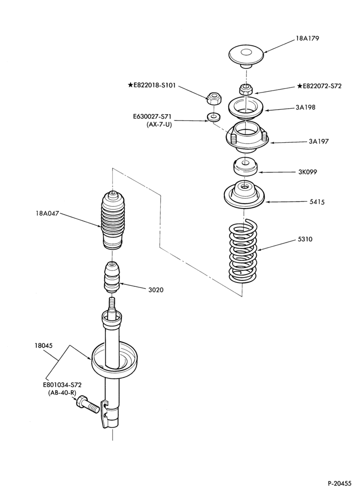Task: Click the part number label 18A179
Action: click(x=307, y=38)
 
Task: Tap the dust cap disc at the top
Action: click(x=246, y=56)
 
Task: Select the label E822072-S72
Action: click(x=319, y=86)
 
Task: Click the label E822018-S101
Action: click(x=151, y=85)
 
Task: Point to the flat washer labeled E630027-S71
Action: click(x=213, y=117)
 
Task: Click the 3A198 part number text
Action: click(x=305, y=108)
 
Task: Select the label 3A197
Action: click(x=318, y=141)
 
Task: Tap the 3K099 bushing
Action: click(x=245, y=167)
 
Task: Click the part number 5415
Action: click(x=317, y=202)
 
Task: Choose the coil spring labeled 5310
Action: click(x=243, y=251)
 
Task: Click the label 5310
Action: click(x=305, y=240)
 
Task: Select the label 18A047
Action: click(x=47, y=214)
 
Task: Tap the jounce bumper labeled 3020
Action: click(x=112, y=277)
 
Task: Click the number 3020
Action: click(x=155, y=290)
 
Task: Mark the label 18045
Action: click(x=43, y=346)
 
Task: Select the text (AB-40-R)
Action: click(x=61, y=393)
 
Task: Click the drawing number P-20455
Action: click(x=340, y=483)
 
